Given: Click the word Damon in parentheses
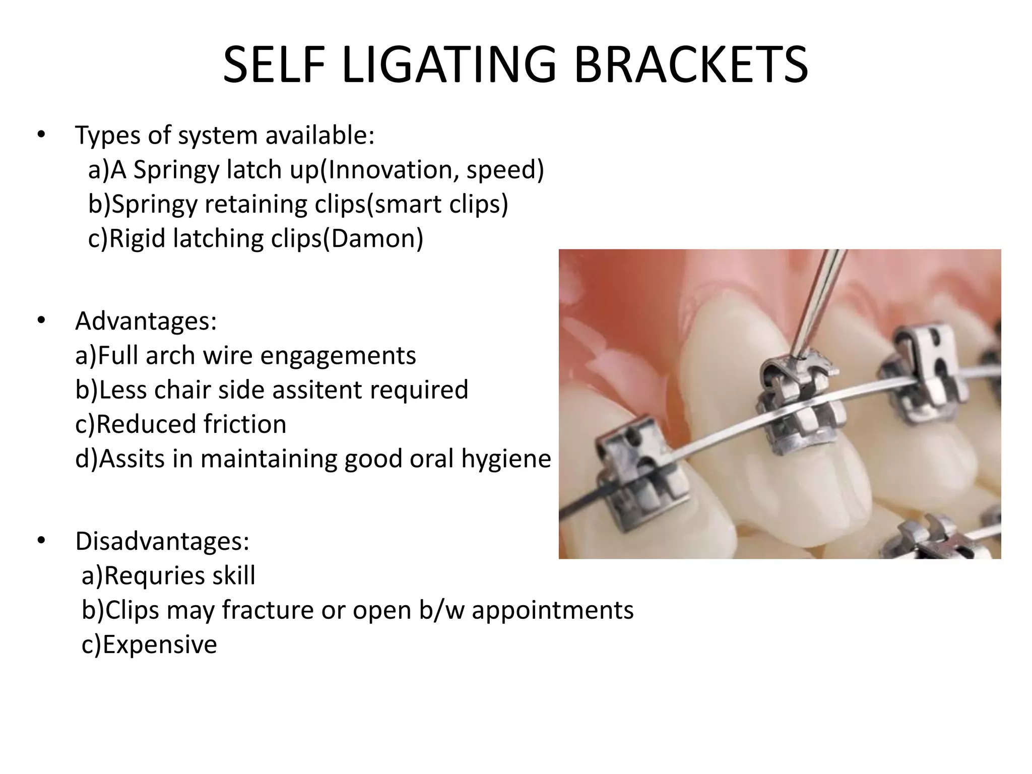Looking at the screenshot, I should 373,238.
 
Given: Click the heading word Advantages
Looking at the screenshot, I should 146,321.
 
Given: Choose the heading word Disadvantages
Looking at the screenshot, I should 162,541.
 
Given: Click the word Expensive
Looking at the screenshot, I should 160,644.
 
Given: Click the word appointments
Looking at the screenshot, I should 552,610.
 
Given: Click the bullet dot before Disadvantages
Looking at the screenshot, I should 41,541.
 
